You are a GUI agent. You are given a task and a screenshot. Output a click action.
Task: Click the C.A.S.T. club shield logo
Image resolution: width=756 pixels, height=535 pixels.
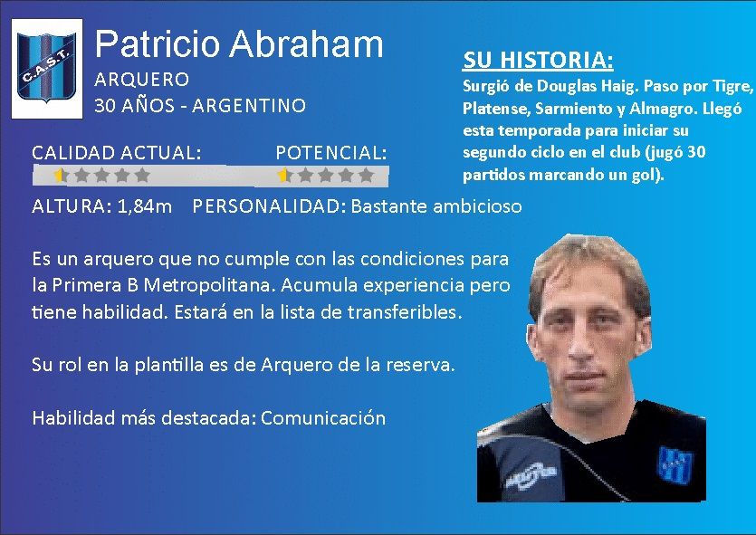47,68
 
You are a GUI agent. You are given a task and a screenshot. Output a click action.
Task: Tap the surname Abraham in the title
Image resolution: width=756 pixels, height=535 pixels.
306,43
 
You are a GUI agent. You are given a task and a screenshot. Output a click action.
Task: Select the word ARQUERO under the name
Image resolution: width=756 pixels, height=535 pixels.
142,79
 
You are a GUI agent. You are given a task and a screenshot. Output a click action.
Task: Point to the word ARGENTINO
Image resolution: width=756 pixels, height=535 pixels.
249,106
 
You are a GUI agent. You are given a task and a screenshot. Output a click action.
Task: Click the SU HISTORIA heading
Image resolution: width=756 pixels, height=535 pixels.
538,60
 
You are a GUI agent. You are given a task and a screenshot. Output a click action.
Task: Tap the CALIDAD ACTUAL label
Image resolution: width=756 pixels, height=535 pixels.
116,153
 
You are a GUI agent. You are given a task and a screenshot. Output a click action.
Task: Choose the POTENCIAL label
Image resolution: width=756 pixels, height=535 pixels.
331,153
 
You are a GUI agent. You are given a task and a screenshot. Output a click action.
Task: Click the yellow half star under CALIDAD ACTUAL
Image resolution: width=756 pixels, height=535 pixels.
60,175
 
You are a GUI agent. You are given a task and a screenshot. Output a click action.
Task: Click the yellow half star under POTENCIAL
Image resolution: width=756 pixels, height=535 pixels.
283,175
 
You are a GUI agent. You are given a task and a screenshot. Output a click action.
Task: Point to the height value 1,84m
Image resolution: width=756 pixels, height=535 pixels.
145,206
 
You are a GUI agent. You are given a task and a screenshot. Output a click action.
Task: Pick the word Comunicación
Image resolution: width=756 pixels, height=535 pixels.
323,418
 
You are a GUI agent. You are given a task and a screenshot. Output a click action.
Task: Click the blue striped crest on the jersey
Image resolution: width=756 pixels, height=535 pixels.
675,465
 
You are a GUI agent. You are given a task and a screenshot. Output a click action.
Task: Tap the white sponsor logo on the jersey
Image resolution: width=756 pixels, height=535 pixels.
531,474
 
